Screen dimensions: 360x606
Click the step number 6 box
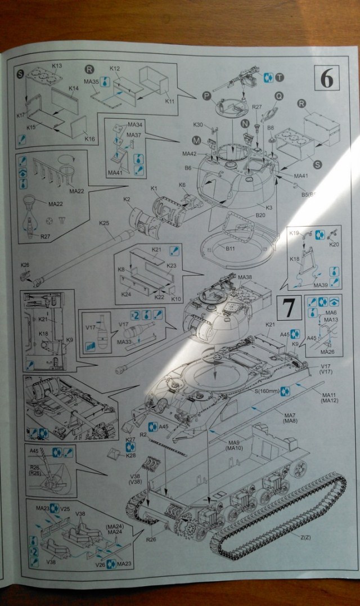pos(326,79)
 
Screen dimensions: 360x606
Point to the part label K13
pos(57,66)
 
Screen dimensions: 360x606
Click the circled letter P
pos(206,96)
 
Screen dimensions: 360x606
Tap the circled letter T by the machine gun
pos(280,78)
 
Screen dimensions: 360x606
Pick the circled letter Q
pos(277,96)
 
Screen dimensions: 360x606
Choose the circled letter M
pos(196,140)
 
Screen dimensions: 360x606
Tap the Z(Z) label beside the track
pos(307,537)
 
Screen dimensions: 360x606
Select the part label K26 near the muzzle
pos(25,265)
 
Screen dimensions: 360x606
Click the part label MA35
pos(91,82)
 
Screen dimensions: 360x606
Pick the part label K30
pos(198,124)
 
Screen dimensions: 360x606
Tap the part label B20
pos(260,216)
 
